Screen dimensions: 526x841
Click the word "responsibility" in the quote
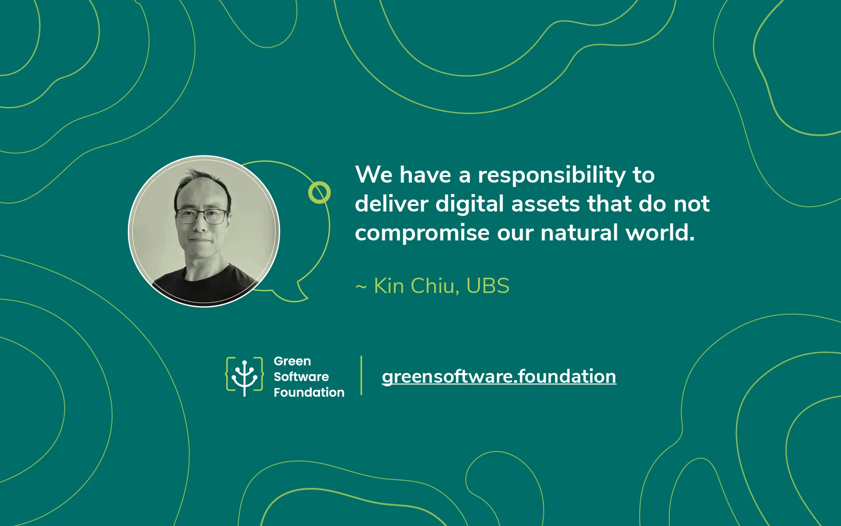click(x=552, y=176)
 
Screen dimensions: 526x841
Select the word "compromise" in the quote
click(x=422, y=233)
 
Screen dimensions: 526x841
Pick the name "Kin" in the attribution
click(x=389, y=286)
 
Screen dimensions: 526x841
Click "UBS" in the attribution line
click(x=488, y=286)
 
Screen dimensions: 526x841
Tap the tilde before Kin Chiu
click(x=361, y=287)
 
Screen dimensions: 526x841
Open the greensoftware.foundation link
click(x=499, y=377)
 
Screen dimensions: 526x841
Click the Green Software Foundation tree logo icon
click(x=244, y=377)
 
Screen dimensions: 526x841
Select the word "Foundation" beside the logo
click(x=309, y=392)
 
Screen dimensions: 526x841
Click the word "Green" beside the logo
click(x=292, y=361)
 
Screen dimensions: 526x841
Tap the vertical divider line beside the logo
click(x=361, y=375)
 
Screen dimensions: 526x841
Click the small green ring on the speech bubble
click(x=319, y=193)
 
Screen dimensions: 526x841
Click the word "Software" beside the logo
click(x=301, y=377)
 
